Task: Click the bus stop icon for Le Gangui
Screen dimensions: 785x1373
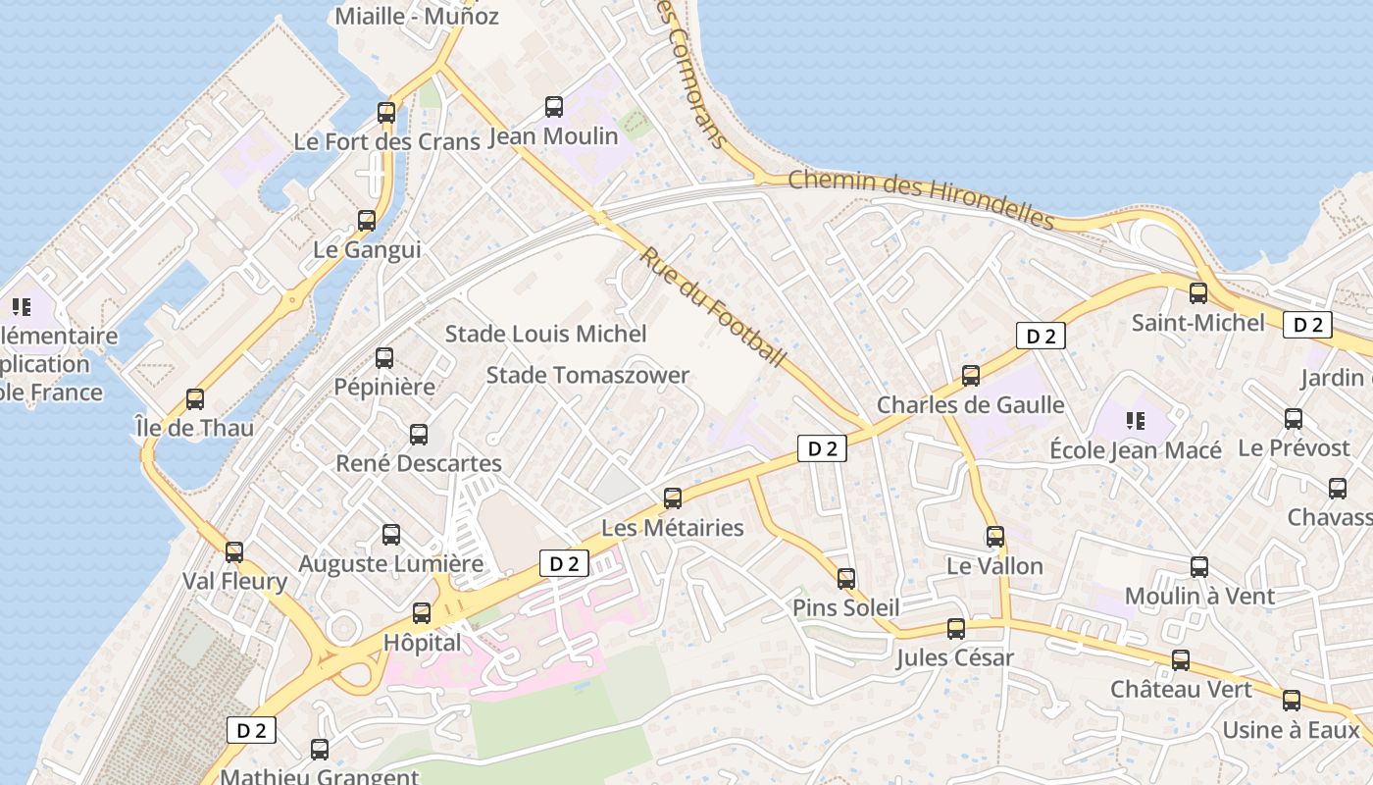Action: point(367,221)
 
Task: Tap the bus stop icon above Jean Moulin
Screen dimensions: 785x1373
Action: point(554,107)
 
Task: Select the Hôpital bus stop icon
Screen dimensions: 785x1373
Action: point(422,613)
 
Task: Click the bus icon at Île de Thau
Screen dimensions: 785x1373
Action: point(195,399)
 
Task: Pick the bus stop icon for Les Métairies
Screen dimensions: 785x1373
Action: point(673,498)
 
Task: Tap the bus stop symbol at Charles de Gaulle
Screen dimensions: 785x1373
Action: point(971,376)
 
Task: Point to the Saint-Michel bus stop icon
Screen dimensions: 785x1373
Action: point(1198,293)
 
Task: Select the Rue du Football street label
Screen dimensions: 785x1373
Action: point(714,307)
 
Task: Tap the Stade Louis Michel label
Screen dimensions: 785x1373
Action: point(546,334)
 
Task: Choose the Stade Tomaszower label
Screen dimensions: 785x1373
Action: point(587,375)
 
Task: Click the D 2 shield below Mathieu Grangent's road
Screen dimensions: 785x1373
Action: point(251,730)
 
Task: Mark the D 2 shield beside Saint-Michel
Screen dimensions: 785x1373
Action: point(1308,325)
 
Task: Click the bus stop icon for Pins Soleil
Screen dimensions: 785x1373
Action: point(846,579)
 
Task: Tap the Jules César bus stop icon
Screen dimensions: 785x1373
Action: point(956,629)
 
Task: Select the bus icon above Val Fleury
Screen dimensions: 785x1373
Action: point(234,552)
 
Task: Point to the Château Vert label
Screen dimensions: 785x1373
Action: point(1181,689)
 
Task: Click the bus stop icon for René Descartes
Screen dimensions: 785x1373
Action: point(419,435)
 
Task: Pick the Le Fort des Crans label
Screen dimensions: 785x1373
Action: point(386,141)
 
